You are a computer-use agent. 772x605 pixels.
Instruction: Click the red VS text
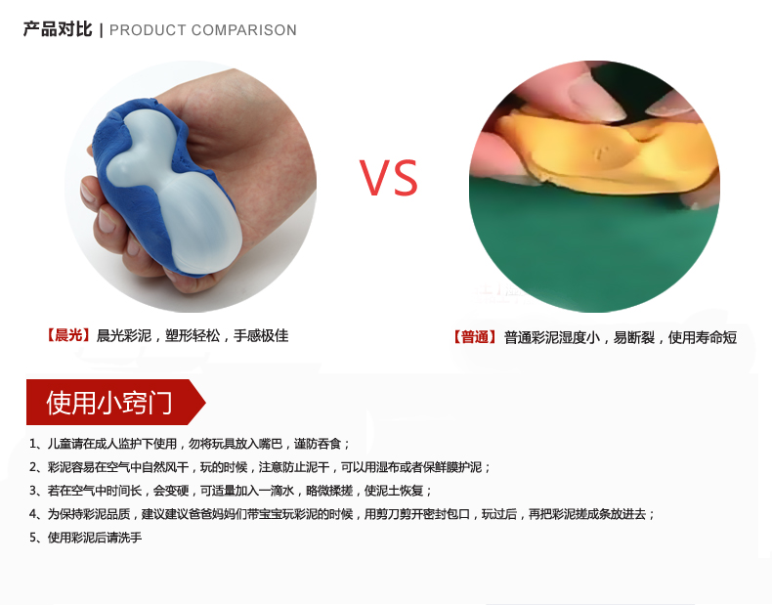(x=389, y=177)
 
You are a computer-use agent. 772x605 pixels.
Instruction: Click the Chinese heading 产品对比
(x=58, y=29)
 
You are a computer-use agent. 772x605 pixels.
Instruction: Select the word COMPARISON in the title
(x=244, y=30)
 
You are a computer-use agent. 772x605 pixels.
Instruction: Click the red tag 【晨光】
(x=68, y=335)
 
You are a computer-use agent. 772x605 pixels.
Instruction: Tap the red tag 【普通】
(x=475, y=337)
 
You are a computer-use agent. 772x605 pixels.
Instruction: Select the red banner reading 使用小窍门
(x=115, y=402)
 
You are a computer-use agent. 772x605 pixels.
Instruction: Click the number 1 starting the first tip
(x=33, y=444)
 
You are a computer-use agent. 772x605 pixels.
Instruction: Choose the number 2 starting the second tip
(x=33, y=467)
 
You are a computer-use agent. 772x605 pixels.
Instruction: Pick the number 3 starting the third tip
(x=33, y=491)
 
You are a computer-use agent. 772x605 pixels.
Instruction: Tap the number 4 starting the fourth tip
(x=33, y=514)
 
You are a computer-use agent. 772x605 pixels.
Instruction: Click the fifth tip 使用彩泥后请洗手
(x=95, y=538)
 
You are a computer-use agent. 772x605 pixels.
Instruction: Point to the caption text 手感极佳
(x=261, y=335)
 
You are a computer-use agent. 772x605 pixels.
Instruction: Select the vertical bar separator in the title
(x=101, y=30)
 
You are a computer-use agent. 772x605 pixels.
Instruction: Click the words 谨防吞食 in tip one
(x=318, y=444)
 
